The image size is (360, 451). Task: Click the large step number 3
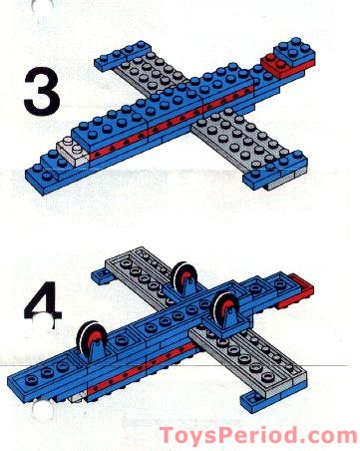tap(38, 91)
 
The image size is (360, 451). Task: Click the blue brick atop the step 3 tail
tap(290, 51)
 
